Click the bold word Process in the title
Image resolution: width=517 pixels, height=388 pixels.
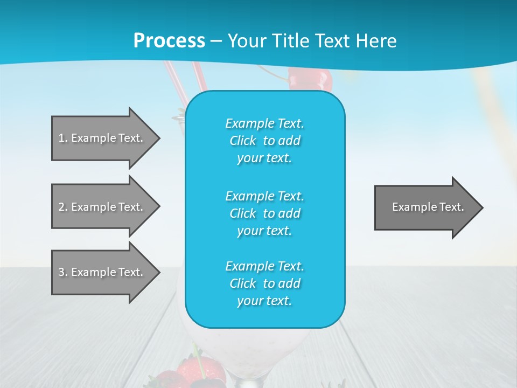[169, 41]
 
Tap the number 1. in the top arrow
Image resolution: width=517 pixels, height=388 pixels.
[63, 138]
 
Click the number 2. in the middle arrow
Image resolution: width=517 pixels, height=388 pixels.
[63, 207]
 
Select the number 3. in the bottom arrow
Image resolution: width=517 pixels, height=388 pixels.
[63, 272]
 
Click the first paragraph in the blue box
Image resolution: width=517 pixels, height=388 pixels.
[265, 141]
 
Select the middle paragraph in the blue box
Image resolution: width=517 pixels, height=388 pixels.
[265, 213]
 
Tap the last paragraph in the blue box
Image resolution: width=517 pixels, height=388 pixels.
[265, 283]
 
